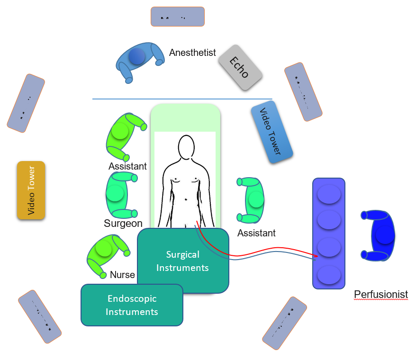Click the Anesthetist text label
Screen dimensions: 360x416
click(x=192, y=53)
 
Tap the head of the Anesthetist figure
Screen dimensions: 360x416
click(x=137, y=56)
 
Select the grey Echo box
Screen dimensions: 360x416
click(x=240, y=67)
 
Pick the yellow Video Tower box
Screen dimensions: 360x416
click(x=31, y=190)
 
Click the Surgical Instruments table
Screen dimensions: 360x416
click(x=183, y=261)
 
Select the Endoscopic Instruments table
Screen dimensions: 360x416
click(x=132, y=305)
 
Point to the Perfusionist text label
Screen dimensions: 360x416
click(x=381, y=295)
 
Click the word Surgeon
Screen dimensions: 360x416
click(x=123, y=224)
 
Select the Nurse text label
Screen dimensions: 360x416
click(x=122, y=275)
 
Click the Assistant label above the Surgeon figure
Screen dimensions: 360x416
click(x=127, y=166)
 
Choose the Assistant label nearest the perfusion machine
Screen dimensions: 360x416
click(x=256, y=233)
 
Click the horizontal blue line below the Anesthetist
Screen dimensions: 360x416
click(x=182, y=99)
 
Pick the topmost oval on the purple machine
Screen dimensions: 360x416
click(x=329, y=194)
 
